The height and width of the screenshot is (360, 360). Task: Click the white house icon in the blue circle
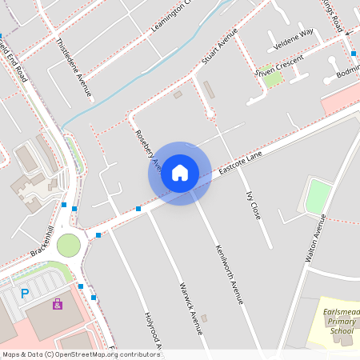pos(180,172)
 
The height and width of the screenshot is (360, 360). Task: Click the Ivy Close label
pos(254,205)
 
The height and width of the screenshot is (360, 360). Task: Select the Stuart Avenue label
pos(220,49)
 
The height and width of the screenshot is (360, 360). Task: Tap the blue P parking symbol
pos(25,294)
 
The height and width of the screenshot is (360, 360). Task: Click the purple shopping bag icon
pos(58,304)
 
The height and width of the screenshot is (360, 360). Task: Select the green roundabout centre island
pos(69,245)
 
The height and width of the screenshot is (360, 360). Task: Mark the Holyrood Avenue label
pos(153,330)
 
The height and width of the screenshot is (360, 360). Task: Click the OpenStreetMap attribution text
pos(80,354)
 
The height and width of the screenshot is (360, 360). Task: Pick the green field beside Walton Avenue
pos(318,196)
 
